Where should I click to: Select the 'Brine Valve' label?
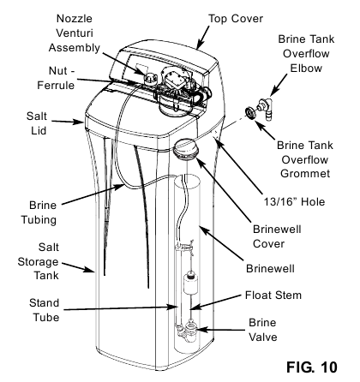coord(267,333)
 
